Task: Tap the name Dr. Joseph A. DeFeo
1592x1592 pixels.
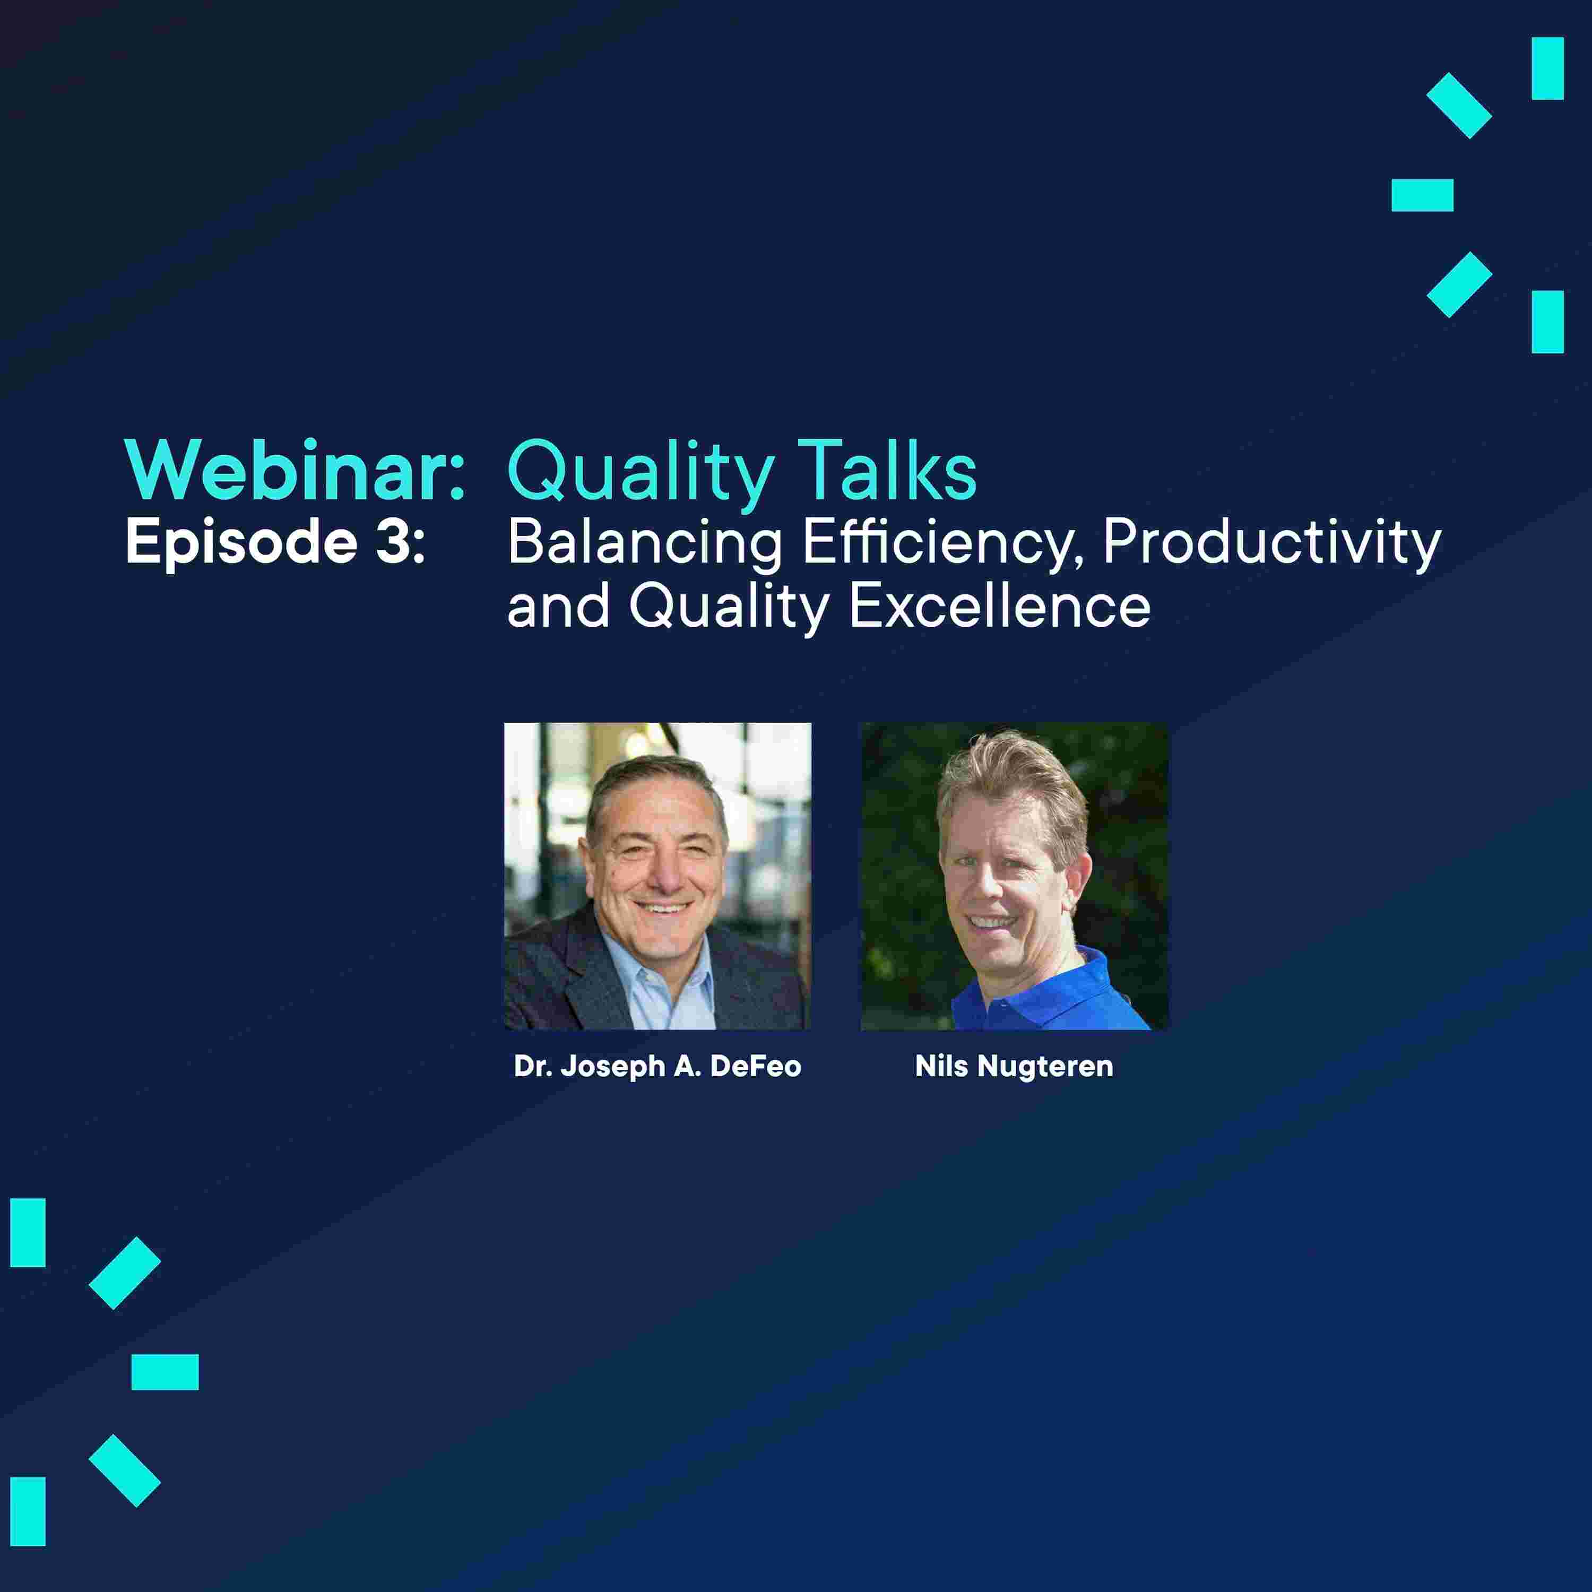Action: [x=657, y=1067]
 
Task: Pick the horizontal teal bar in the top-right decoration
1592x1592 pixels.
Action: [x=1422, y=195]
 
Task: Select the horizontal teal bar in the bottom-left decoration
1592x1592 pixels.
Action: [x=165, y=1372]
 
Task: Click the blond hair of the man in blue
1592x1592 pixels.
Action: [x=1014, y=783]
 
